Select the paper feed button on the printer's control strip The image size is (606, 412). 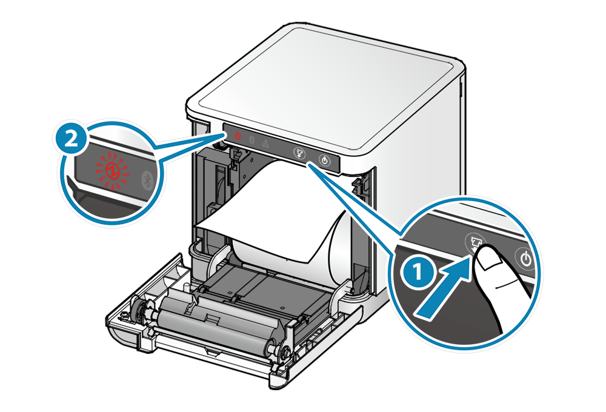coord(298,153)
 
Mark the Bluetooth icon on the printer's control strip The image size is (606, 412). coord(252,140)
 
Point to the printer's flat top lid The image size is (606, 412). coord(327,91)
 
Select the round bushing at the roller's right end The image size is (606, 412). coord(279,350)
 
